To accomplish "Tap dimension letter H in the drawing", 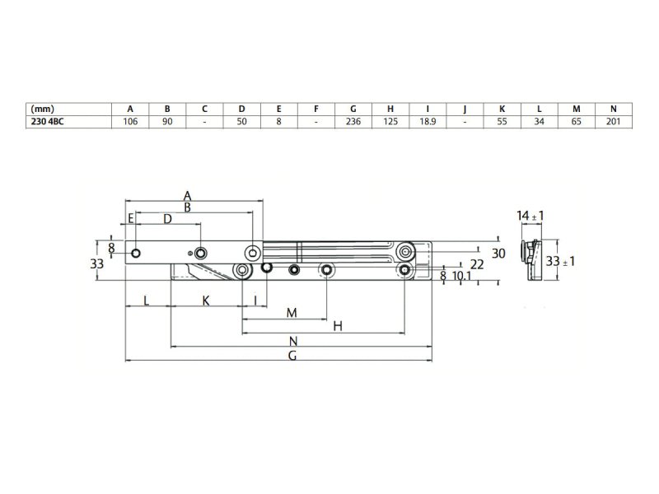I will tap(337, 327).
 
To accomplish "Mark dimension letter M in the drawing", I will tap(291, 313).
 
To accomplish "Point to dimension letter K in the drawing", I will tap(206, 301).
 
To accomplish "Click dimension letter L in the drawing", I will tap(147, 301).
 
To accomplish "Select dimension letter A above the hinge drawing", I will tap(188, 196).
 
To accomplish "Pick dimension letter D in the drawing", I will tap(167, 219).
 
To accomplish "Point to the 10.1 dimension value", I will tap(462, 276).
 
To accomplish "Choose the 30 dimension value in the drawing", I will tap(498, 253).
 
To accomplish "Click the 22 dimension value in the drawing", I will tap(477, 263).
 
